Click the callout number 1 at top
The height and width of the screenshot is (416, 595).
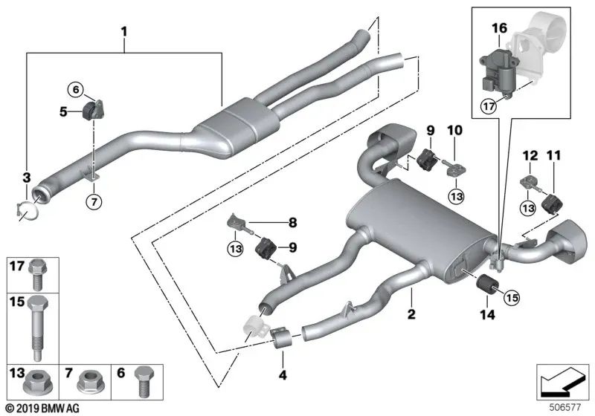click(124, 32)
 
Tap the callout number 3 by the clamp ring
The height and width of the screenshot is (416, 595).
click(26, 178)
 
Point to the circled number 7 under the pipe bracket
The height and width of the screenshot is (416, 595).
click(94, 201)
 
